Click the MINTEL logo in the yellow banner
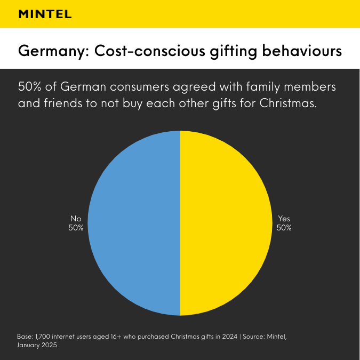tap(45, 14)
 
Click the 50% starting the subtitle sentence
tap(31, 87)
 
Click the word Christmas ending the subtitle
tap(287, 103)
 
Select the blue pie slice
tap(133, 223)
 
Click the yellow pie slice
tap(224, 223)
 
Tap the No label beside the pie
tap(76, 219)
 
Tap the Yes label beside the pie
tap(284, 219)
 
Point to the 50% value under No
tap(76, 228)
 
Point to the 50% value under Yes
tap(284, 228)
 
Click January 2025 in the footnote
tap(37, 345)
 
